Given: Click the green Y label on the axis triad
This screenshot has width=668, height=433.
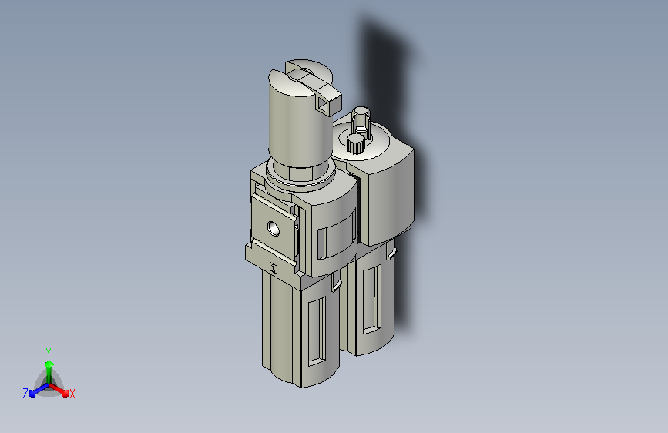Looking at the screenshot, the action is [x=49, y=352].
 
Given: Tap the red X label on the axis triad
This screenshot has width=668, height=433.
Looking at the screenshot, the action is [x=72, y=394].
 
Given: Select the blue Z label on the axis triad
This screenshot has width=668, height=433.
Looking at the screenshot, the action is [x=25, y=394].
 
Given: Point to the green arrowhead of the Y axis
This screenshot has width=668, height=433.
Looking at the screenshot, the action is [x=49, y=364].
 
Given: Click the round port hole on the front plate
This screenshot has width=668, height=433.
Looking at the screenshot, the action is [x=274, y=228].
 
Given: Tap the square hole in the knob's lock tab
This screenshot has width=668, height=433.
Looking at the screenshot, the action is [x=322, y=104].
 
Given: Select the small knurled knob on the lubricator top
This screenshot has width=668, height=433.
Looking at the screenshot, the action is [x=355, y=143].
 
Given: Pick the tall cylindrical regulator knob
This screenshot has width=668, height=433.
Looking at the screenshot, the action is [x=300, y=114].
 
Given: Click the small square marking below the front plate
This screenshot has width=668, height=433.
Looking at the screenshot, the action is [x=274, y=268].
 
